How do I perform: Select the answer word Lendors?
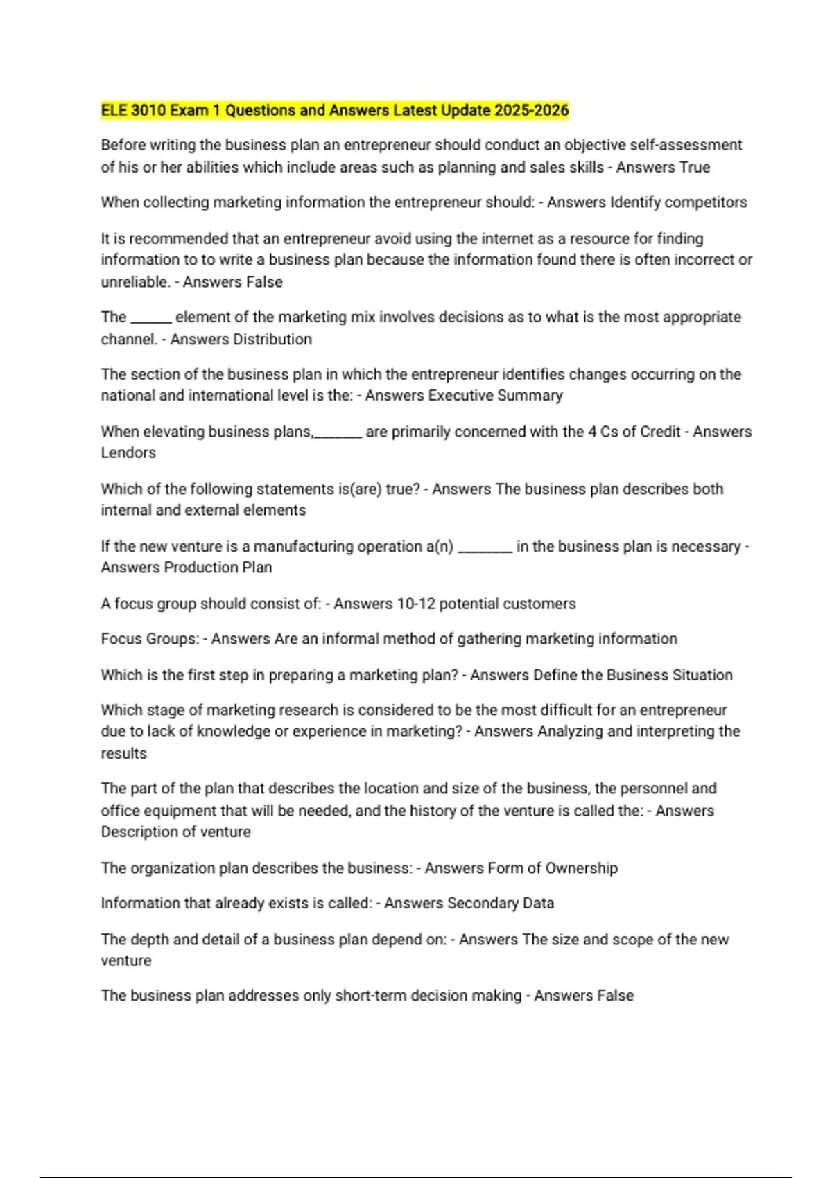point(128,453)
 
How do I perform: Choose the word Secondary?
point(480,904)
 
